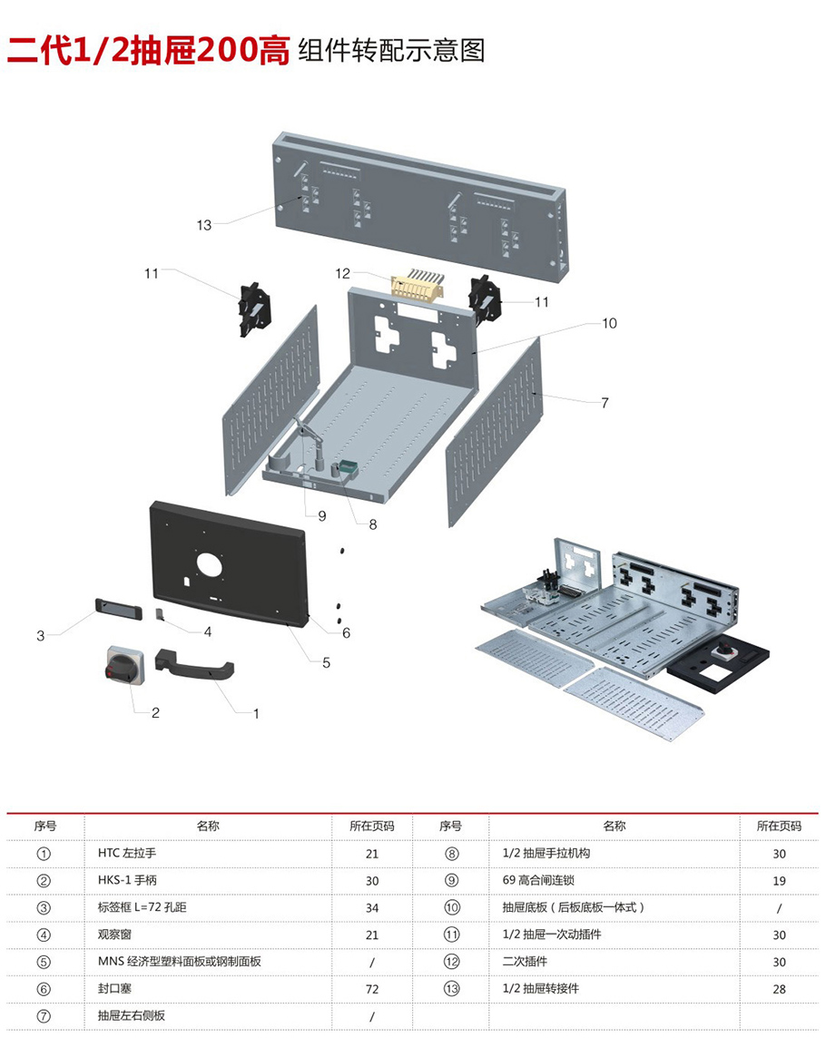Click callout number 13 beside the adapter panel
(x=205, y=224)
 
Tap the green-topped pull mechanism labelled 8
(x=347, y=469)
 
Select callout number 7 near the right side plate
(x=605, y=403)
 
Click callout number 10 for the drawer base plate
(x=609, y=323)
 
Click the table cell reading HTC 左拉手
(x=127, y=854)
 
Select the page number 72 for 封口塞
(x=372, y=989)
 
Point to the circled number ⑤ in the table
(x=44, y=962)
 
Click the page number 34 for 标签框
(x=372, y=908)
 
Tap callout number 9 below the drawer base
(x=321, y=515)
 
